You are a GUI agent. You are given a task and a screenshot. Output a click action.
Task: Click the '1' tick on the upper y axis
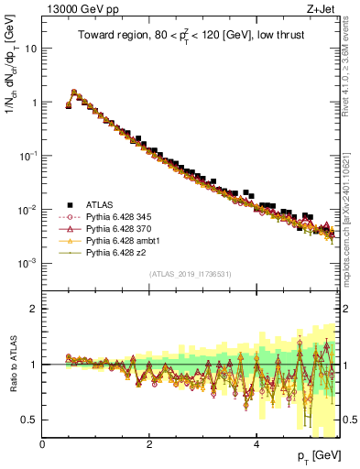click(35, 103)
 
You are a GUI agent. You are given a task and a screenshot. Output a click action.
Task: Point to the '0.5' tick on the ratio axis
click(30, 420)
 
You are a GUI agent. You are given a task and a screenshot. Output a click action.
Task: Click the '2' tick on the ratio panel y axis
click(35, 308)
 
